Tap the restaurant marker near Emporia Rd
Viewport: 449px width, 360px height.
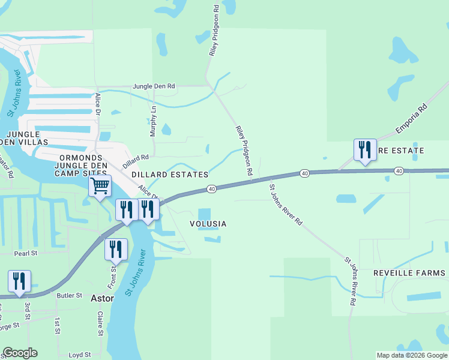pyautogui.click(x=365, y=149)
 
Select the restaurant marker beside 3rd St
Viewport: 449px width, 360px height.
pyautogui.click(x=20, y=281)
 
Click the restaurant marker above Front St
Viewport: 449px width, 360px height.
pyautogui.click(x=116, y=249)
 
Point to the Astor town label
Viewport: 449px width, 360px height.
pyautogui.click(x=101, y=298)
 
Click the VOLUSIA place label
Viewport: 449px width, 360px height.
pyautogui.click(x=208, y=224)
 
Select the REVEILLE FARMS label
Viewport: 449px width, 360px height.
pyautogui.click(x=407, y=272)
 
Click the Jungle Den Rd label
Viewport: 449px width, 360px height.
pyautogui.click(x=154, y=86)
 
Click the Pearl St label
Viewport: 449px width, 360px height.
pyautogui.click(x=26, y=253)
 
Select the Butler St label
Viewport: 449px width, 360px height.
pyautogui.click(x=69, y=295)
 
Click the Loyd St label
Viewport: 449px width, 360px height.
pyautogui.click(x=79, y=355)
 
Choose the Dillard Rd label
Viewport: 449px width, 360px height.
pyautogui.click(x=136, y=161)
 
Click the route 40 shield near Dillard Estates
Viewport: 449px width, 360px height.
pyautogui.click(x=212, y=189)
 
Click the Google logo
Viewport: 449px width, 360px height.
pyautogui.click(x=20, y=353)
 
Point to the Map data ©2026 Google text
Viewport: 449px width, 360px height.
pyautogui.click(x=411, y=355)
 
